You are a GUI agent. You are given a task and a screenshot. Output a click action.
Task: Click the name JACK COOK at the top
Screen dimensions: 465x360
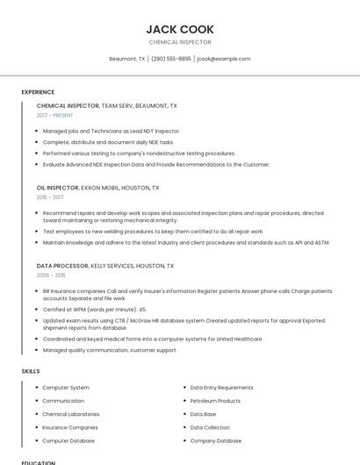click(180, 29)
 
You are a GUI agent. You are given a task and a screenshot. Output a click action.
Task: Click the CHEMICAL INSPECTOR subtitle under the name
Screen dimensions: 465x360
click(180, 42)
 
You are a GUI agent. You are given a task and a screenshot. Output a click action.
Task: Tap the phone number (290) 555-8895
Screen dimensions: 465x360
click(171, 59)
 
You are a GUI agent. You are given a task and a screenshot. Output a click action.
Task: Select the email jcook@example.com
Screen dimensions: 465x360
click(224, 59)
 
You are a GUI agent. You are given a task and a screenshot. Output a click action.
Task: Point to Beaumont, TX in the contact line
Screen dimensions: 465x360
click(127, 59)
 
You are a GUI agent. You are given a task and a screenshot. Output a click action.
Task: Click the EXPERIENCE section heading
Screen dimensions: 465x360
click(38, 92)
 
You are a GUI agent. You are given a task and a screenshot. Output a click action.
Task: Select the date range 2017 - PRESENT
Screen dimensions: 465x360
click(55, 115)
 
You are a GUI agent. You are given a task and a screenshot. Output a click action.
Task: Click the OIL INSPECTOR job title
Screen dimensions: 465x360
click(57, 188)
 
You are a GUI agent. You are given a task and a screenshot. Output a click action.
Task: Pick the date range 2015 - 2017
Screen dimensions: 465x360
click(50, 197)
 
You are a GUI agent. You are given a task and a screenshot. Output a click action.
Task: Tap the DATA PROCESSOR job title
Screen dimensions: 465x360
click(62, 265)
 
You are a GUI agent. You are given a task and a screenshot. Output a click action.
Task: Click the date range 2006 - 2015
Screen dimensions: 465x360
click(51, 275)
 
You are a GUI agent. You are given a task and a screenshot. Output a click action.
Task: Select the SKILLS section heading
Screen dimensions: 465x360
click(31, 371)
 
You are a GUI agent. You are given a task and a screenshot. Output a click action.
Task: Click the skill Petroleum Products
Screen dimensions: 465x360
click(215, 401)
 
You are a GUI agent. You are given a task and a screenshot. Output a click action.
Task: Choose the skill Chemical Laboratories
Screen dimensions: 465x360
click(71, 414)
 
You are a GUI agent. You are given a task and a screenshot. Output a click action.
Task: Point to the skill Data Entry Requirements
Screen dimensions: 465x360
click(221, 388)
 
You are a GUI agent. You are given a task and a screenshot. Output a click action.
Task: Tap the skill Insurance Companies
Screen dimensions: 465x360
click(70, 427)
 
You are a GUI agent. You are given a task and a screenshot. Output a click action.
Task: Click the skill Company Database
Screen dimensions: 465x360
click(216, 440)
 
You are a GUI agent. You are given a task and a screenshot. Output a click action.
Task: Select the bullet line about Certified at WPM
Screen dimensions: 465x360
click(95, 310)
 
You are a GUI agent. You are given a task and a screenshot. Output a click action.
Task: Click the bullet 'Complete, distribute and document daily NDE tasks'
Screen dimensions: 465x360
click(109, 142)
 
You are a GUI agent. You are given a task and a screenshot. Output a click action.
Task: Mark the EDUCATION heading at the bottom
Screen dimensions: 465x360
click(38, 462)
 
